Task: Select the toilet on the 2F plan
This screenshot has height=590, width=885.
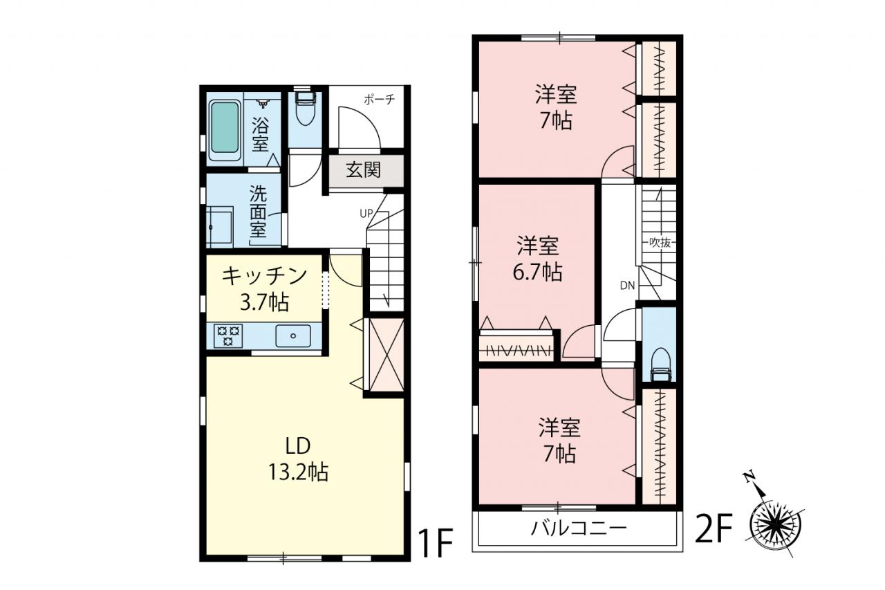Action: (x=660, y=365)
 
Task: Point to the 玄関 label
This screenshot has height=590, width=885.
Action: (x=363, y=170)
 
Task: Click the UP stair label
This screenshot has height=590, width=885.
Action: (x=366, y=214)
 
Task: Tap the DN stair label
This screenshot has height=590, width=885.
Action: (x=627, y=286)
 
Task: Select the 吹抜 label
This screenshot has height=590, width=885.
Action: (x=660, y=243)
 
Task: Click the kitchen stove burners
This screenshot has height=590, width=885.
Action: (x=227, y=335)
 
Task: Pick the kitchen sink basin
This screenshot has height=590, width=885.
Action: (x=293, y=336)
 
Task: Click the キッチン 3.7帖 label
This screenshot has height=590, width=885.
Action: (x=264, y=289)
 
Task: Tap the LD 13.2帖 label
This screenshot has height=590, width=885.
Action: (x=298, y=459)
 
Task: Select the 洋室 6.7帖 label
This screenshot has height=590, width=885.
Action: (x=538, y=258)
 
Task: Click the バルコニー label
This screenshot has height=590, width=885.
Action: (x=579, y=528)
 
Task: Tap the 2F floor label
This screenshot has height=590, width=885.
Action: (x=715, y=528)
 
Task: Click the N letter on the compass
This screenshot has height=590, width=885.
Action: (x=748, y=477)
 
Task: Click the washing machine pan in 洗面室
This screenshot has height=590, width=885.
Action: (x=220, y=230)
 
